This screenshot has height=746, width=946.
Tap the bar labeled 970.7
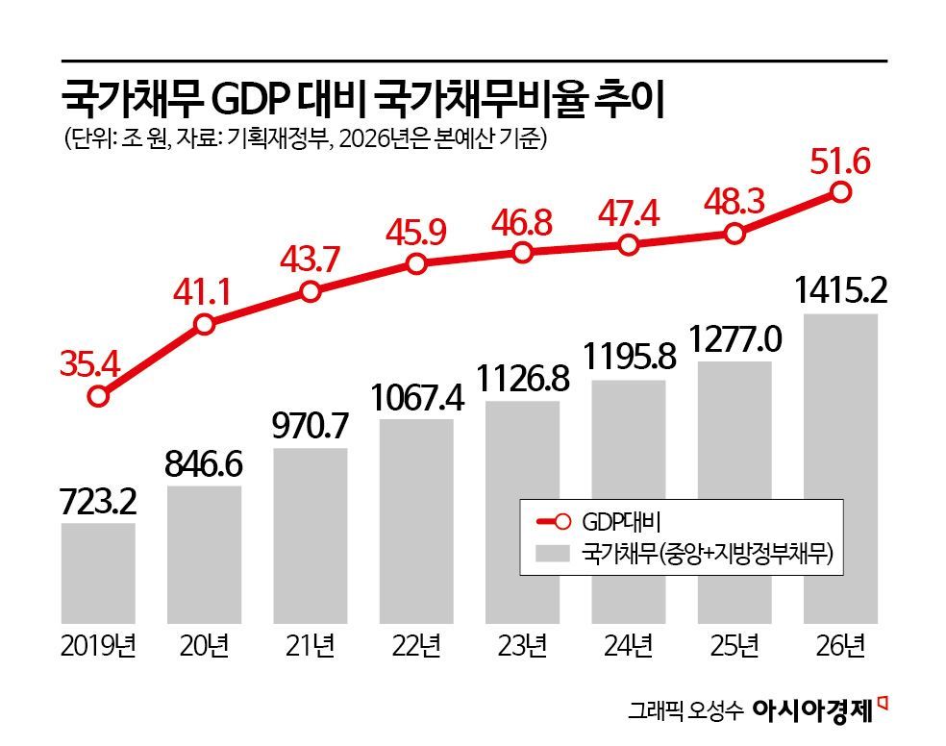tap(310, 534)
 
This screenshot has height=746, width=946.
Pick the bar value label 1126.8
tap(521, 376)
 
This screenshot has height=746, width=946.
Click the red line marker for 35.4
tap(97, 396)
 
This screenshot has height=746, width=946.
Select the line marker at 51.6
tap(840, 192)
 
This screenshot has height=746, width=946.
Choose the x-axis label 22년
tap(415, 646)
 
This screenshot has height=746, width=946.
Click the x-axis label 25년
tap(734, 646)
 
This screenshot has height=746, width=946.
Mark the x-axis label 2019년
tap(98, 646)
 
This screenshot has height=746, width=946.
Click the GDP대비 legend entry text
tap(613, 523)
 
